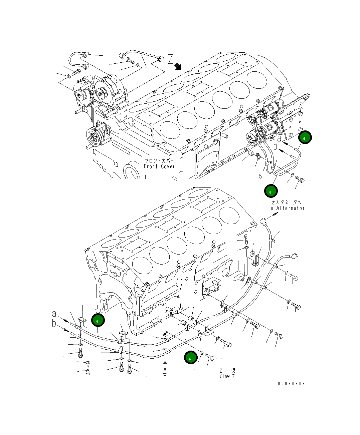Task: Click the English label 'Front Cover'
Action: (159, 166)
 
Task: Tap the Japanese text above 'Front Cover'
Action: (159, 160)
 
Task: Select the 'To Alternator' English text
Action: (286, 208)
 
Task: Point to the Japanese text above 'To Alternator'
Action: (286, 202)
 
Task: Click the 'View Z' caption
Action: (227, 376)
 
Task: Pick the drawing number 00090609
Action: (291, 384)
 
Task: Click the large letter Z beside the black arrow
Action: (171, 59)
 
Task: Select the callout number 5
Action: (260, 176)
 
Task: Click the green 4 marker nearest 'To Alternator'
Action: (271, 191)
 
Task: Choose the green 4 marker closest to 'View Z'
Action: (191, 358)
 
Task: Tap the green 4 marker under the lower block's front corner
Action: (98, 321)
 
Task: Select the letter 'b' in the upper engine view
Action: (276, 146)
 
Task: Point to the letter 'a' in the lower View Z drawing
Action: (54, 314)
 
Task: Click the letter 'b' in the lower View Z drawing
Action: (54, 324)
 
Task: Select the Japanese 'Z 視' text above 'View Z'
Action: (227, 371)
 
